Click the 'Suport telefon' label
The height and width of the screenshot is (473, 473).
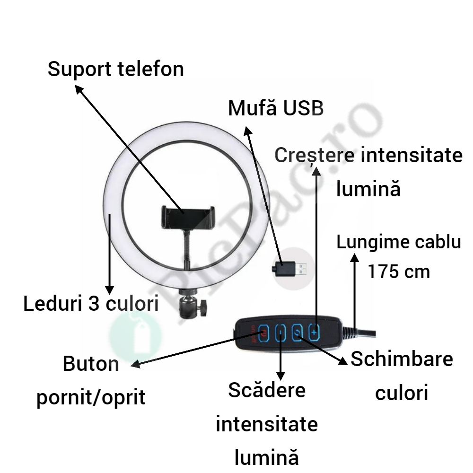[115, 70]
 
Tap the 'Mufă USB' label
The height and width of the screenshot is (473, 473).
[276, 108]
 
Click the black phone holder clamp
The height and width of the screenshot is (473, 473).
[187, 217]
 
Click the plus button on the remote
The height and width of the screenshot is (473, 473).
[314, 332]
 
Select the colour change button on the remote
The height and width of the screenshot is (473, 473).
[298, 333]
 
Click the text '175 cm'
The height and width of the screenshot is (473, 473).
[399, 272]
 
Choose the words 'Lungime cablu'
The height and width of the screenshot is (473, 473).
[398, 243]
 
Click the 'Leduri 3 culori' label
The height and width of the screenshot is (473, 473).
[91, 304]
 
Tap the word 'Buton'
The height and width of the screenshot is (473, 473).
[91, 365]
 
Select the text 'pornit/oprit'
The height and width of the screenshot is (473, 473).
[91, 398]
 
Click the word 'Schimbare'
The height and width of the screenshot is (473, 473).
[402, 359]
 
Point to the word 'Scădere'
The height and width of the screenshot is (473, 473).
[267, 391]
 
